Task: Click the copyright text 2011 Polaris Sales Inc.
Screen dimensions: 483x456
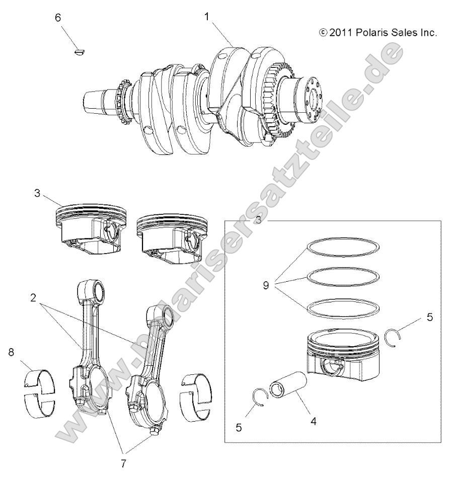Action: tap(378, 33)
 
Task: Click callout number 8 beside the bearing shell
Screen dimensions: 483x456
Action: tap(11, 352)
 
